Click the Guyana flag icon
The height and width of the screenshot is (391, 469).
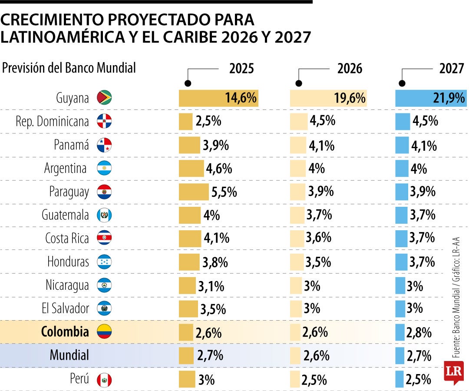[104, 98]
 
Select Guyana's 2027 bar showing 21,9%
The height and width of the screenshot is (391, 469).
[431, 98]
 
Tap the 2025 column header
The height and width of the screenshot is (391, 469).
[241, 69]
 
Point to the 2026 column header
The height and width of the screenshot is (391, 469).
[350, 69]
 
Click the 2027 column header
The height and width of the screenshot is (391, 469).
[452, 69]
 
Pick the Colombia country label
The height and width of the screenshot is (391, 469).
[65, 332]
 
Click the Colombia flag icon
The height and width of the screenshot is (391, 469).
[104, 332]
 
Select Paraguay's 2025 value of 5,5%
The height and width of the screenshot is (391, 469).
[224, 192]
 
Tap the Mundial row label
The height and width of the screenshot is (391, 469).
[69, 355]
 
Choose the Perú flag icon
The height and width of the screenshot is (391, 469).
[104, 380]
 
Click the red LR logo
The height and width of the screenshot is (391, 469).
[453, 372]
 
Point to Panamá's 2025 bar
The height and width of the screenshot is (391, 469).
[189, 145]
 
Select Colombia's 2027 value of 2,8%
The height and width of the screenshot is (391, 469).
[419, 333]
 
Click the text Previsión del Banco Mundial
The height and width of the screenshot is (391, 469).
[69, 68]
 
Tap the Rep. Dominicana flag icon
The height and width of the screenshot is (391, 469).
[104, 121]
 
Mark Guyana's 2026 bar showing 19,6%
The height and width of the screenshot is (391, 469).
[328, 98]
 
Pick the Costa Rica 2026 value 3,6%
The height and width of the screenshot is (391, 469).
[318, 238]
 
